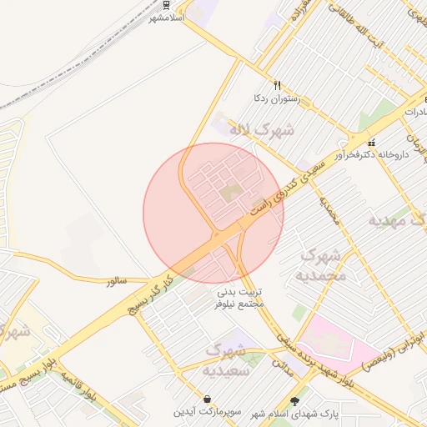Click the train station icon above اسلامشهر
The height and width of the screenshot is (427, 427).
(x=168, y=4)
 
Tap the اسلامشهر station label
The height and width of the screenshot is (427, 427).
(x=166, y=17)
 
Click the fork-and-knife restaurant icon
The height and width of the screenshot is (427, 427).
(x=277, y=85)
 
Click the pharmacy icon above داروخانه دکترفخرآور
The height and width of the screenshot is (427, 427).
(x=371, y=142)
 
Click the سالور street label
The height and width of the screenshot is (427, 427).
(x=116, y=282)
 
